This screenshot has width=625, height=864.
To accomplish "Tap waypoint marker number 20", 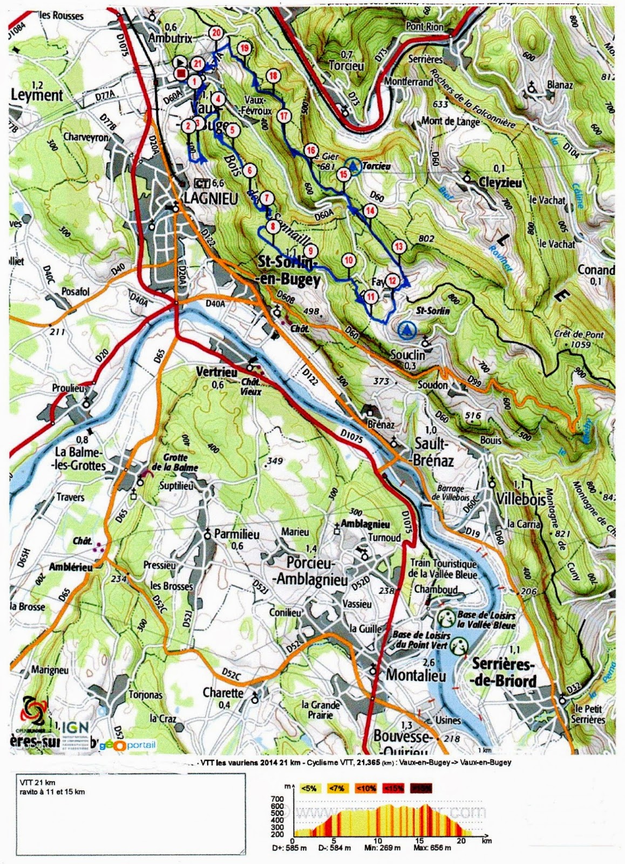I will [216, 32].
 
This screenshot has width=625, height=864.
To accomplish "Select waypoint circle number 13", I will [399, 247].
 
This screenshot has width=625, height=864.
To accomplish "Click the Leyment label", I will [37, 96].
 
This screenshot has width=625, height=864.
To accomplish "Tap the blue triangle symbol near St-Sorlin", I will [406, 328].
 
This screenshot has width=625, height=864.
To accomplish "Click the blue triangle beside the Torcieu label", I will [353, 167].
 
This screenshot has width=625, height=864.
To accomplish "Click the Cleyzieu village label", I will [500, 183].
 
